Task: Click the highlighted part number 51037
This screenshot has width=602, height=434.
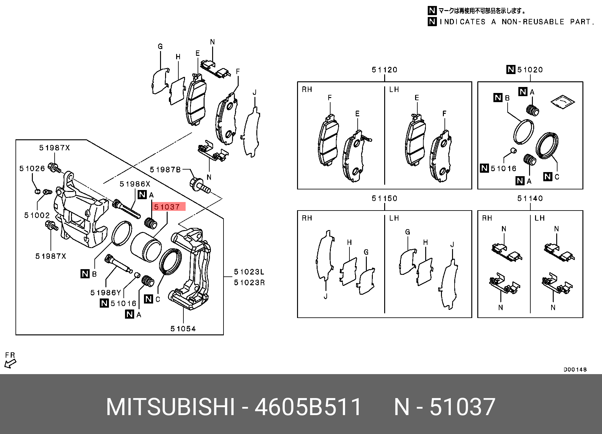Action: [167, 207]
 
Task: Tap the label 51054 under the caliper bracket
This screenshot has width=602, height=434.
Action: [183, 329]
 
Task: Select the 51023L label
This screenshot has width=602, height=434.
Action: [249, 272]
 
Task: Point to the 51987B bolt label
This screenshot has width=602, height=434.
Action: [165, 170]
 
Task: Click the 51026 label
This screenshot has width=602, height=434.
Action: [32, 169]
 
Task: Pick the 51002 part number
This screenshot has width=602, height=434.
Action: [37, 215]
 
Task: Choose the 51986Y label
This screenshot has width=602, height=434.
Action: [106, 293]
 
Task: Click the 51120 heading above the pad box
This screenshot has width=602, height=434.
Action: [384, 70]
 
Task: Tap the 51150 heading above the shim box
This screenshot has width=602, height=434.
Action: [384, 199]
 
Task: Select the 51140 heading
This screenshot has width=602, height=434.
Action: [530, 199]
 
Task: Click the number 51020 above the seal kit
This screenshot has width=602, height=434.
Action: [530, 70]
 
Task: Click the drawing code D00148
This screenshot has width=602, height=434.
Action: [575, 370]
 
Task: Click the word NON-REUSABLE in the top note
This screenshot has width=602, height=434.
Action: [533, 22]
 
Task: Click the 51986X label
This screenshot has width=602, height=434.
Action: [135, 184]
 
